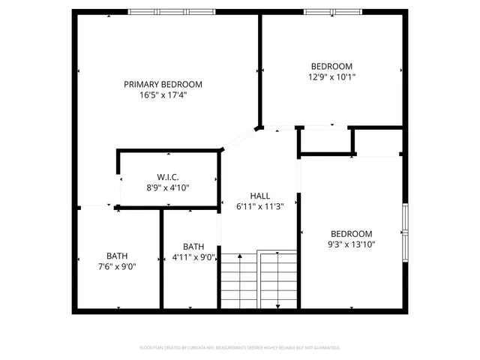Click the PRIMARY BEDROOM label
tap(163, 84)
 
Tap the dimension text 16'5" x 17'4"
tap(163, 95)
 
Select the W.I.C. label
tap(167, 176)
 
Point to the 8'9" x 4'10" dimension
tap(167, 187)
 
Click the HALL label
tap(259, 196)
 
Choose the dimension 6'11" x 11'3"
tap(259, 207)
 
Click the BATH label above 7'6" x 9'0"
tap(117, 255)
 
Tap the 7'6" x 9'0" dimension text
tap(117, 266)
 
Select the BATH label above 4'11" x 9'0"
tap(193, 246)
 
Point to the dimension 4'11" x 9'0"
tap(193, 257)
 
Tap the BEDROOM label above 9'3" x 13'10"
tap(351, 233)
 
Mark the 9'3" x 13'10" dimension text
tap(351, 244)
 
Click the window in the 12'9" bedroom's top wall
tap(331, 12)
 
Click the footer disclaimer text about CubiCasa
tap(240, 348)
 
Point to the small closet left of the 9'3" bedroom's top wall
tap(325, 141)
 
